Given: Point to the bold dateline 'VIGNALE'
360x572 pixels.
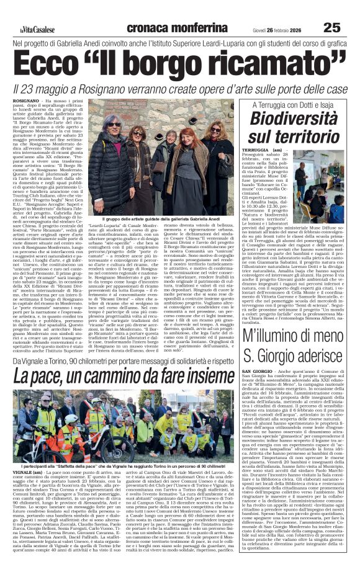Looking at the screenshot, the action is tap(24, 489).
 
